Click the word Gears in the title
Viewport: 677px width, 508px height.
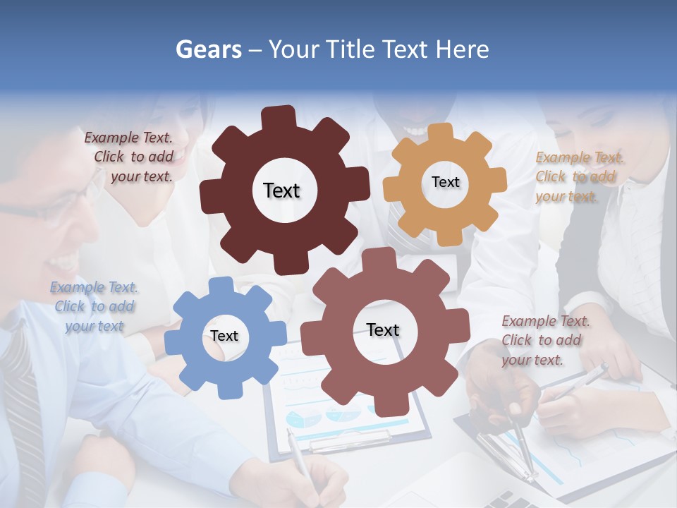pyautogui.click(x=208, y=49)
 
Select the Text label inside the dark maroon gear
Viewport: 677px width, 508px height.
pyautogui.click(x=281, y=190)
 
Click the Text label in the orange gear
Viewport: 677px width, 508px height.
pyautogui.click(x=445, y=182)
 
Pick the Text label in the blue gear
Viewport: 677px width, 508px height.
pyautogui.click(x=224, y=336)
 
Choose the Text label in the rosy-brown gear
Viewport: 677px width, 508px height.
pyautogui.click(x=383, y=329)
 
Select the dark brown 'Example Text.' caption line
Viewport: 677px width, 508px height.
pyautogui.click(x=128, y=138)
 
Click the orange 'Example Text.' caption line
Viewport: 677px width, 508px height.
pyautogui.click(x=580, y=157)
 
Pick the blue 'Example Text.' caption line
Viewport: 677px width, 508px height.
pyautogui.click(x=94, y=287)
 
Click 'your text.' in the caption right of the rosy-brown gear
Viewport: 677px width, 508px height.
pyautogui.click(x=532, y=360)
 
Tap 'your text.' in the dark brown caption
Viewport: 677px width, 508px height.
pyautogui.click(x=141, y=177)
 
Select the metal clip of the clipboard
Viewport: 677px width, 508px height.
pyautogui.click(x=349, y=442)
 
